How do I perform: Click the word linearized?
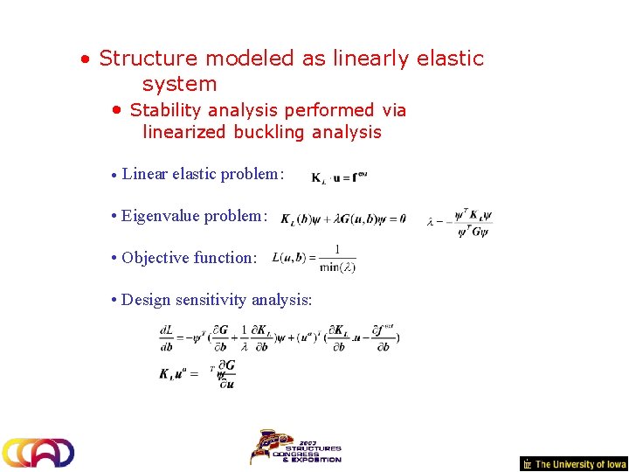[x=185, y=132]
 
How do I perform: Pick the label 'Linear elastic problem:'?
[x=203, y=173]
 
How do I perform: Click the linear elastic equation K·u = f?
[x=339, y=177]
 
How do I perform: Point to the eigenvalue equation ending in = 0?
[x=342, y=219]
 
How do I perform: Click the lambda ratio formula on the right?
[x=461, y=224]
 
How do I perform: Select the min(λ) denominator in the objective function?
[x=337, y=267]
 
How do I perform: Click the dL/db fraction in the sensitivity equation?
[x=166, y=337]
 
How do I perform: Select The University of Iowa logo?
[x=574, y=464]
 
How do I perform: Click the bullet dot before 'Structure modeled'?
[x=84, y=60]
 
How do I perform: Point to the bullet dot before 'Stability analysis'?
[x=116, y=111]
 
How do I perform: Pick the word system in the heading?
[x=179, y=84]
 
